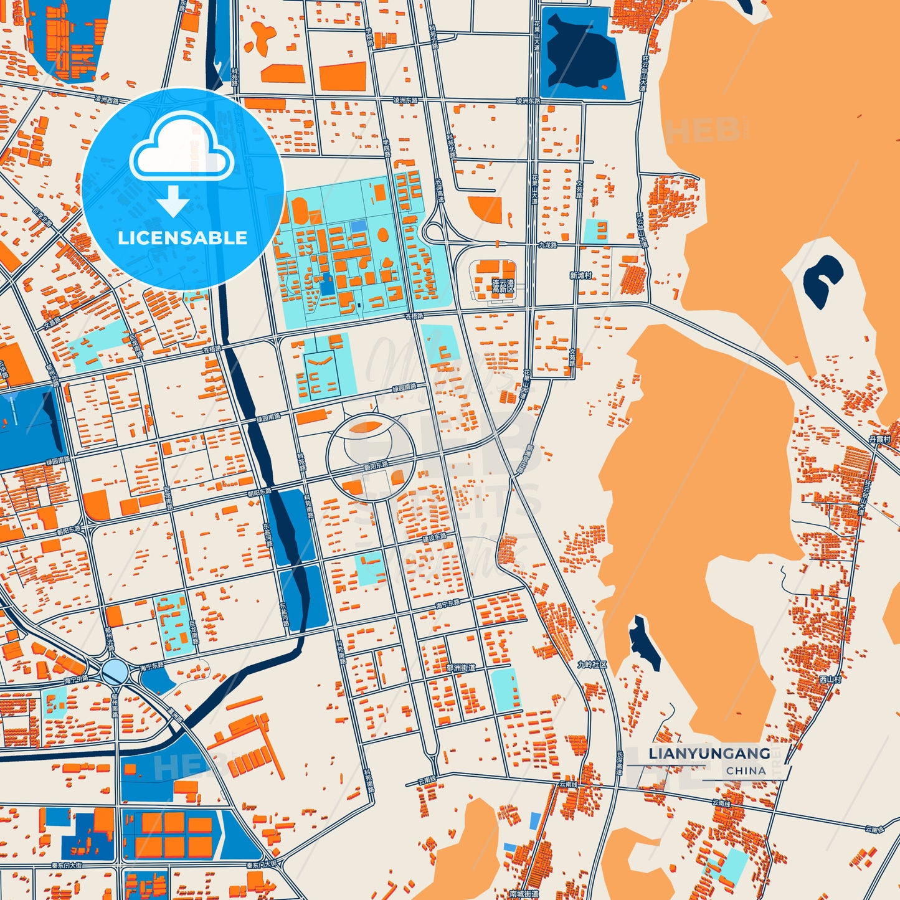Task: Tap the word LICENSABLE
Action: point(182,238)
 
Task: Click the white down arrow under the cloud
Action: point(173,201)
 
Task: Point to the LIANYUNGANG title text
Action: point(709,754)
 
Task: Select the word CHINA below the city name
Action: point(746,771)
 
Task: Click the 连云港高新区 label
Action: point(503,286)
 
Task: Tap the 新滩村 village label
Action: point(580,275)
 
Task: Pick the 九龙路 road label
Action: point(548,245)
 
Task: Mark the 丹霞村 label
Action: point(879,440)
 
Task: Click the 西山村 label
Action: point(830,680)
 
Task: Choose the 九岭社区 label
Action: point(592,665)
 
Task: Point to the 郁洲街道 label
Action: point(460,668)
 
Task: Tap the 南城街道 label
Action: point(524,894)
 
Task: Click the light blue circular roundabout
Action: point(115,671)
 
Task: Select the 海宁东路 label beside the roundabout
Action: point(152,666)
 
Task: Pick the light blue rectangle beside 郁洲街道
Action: point(505,688)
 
